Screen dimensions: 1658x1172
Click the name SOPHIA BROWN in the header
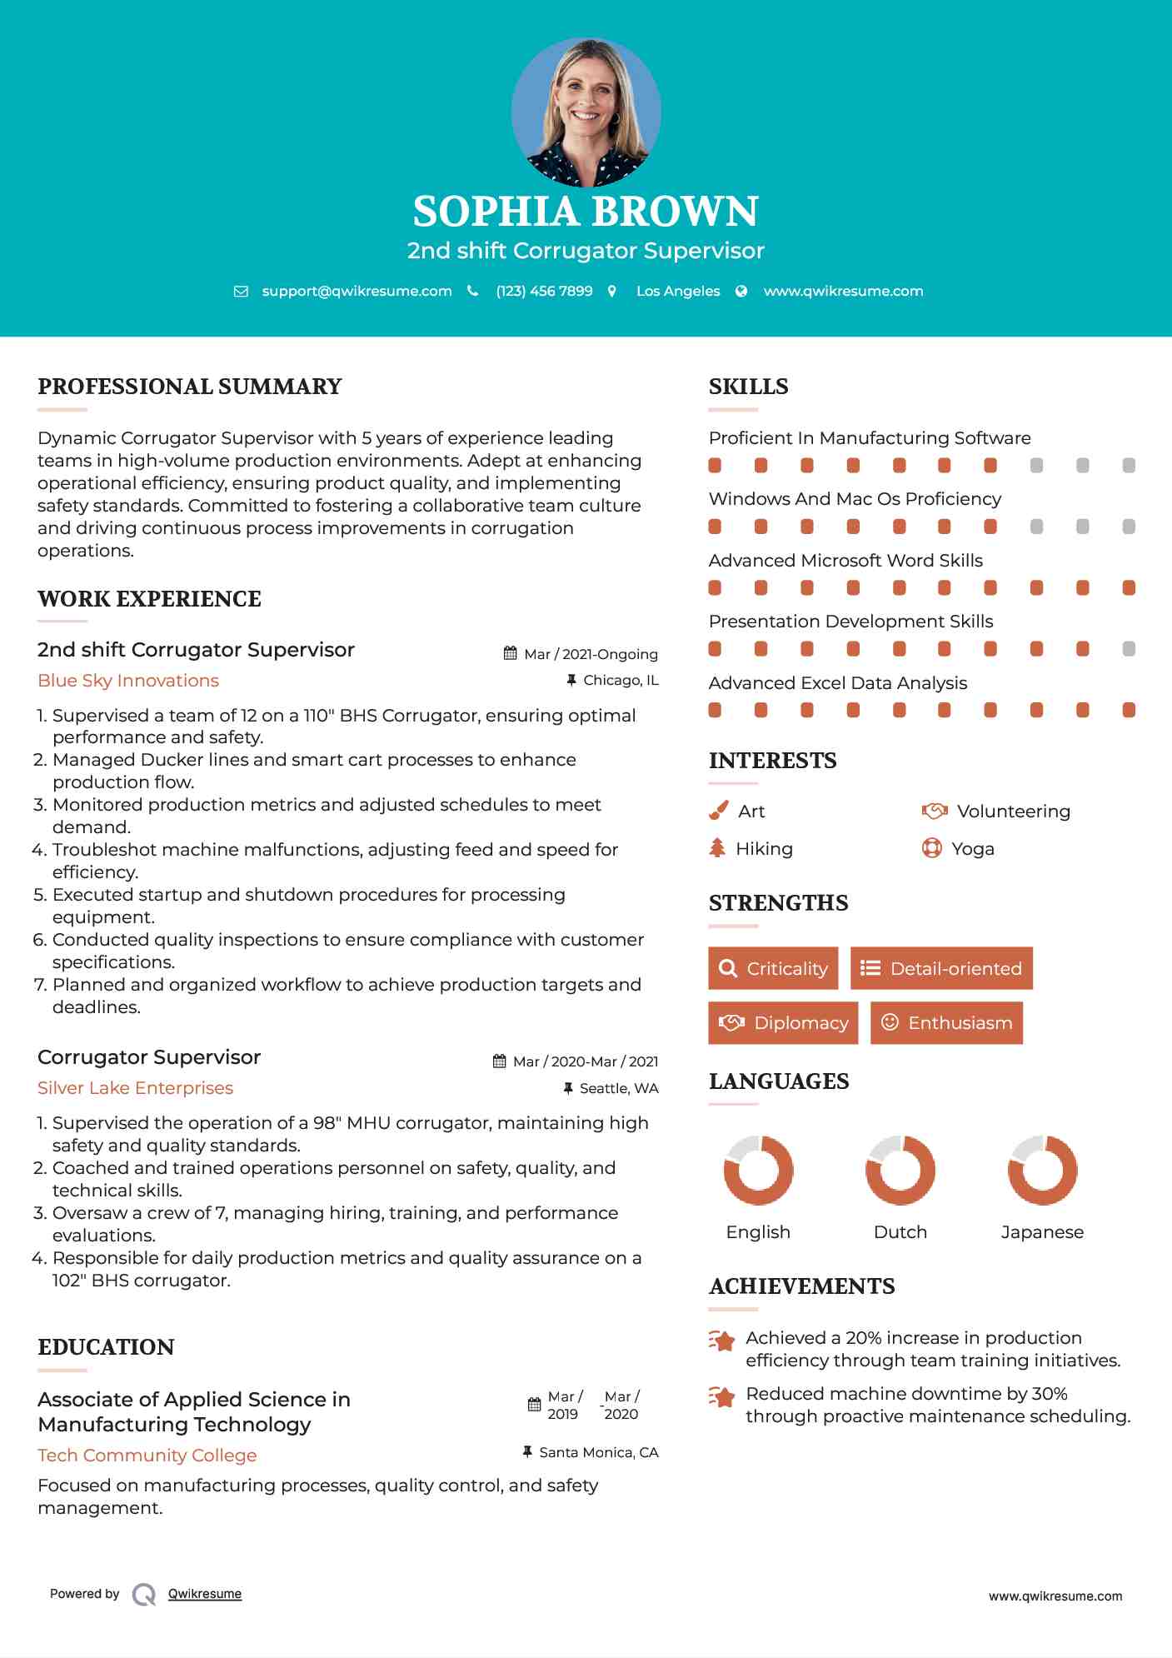pos(586,212)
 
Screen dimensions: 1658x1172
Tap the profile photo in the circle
pos(586,112)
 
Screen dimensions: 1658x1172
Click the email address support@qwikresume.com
pos(357,291)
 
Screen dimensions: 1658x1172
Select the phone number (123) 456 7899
pos(544,291)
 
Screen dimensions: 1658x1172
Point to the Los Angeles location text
pos(678,291)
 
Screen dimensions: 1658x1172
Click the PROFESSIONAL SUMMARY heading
pos(190,387)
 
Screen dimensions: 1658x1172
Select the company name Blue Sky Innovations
pos(128,681)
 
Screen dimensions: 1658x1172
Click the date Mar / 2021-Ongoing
pos(591,654)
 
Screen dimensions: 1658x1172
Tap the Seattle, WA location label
pos(619,1088)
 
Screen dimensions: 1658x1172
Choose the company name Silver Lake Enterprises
pos(135,1088)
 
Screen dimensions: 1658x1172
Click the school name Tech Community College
pos(147,1456)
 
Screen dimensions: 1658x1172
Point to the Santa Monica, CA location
pos(598,1452)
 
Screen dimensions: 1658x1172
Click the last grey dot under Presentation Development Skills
pos(1129,649)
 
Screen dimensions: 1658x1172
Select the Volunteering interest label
pos(1013,812)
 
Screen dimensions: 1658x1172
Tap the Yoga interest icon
pos(932,848)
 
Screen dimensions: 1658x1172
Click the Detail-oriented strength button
pos(941,968)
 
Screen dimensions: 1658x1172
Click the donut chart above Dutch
pos(900,1170)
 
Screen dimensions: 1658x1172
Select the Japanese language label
pos(1042,1232)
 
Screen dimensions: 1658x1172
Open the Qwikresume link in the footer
pos(205,1594)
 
